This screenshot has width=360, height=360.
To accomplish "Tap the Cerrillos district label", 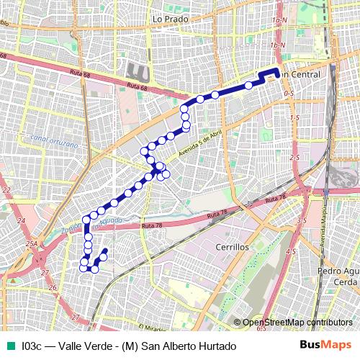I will tap(232, 246).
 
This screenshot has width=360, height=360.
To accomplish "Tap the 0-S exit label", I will tap(289, 94).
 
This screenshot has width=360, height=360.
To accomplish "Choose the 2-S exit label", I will tap(294, 157).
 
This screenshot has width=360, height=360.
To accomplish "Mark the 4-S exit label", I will tap(291, 251).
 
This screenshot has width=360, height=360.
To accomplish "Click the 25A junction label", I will tap(32, 245).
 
